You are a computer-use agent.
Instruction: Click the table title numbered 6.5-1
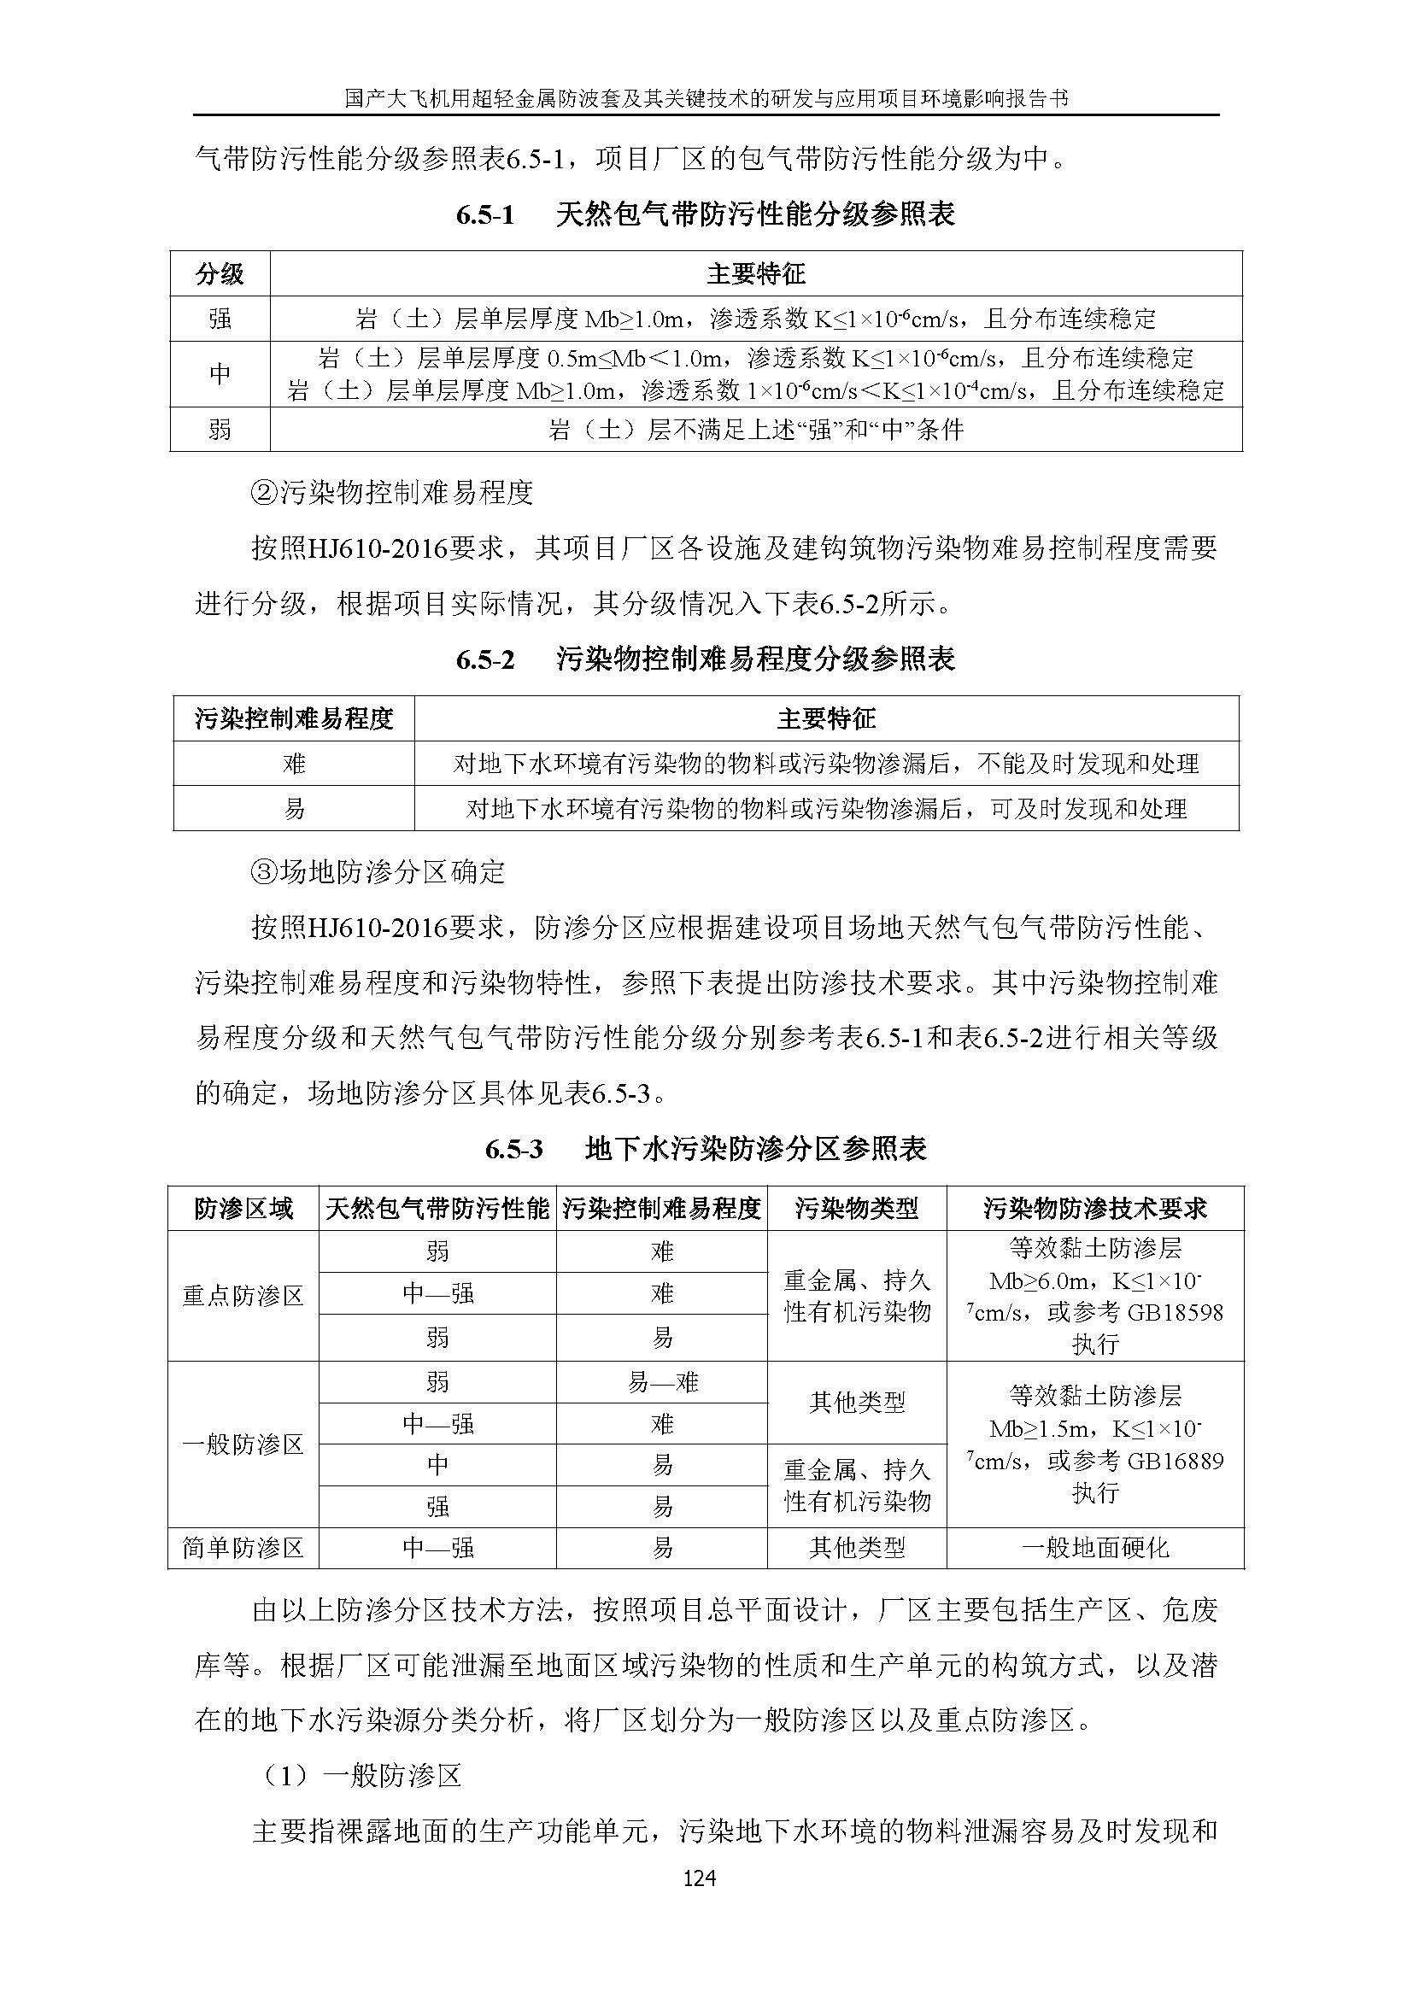click(x=706, y=214)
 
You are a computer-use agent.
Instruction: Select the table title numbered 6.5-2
click(x=706, y=659)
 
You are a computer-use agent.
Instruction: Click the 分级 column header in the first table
click(x=220, y=275)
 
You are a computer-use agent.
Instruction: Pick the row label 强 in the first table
click(x=220, y=319)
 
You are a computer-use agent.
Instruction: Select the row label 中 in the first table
click(x=220, y=373)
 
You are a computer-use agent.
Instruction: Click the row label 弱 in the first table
click(x=220, y=429)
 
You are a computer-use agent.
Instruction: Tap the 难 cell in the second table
click(x=294, y=763)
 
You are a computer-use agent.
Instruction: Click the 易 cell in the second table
click(x=294, y=808)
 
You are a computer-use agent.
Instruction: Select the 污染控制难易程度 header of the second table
click(x=294, y=718)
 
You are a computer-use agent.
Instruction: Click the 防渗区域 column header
click(x=243, y=1209)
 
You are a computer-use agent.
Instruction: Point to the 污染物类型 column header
click(x=856, y=1209)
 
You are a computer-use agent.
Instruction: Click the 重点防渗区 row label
click(x=243, y=1296)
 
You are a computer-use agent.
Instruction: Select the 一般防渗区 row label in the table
click(x=243, y=1445)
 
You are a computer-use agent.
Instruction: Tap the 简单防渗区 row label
click(x=243, y=1548)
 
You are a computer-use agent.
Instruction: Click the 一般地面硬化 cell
click(x=1094, y=1548)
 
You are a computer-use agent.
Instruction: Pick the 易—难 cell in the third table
click(x=662, y=1383)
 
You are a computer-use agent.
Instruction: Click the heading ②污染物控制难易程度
click(x=391, y=494)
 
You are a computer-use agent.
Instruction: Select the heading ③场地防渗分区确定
click(x=378, y=872)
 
